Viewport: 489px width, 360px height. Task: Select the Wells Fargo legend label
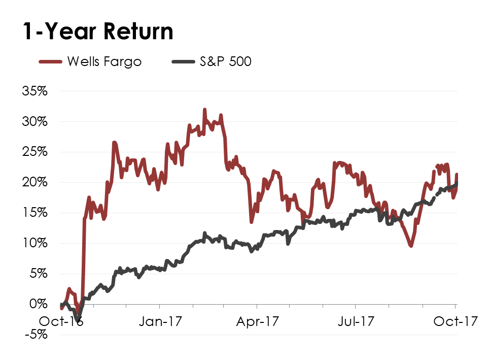point(104,62)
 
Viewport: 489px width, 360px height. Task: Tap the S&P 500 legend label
point(225,62)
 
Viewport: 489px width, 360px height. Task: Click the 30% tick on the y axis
point(34,122)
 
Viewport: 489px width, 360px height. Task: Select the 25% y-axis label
point(34,152)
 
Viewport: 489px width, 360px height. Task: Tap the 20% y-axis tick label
point(34,182)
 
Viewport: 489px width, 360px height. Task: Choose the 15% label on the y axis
point(34,213)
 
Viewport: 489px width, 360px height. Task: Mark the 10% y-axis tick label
point(34,243)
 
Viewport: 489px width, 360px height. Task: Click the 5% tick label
point(38,274)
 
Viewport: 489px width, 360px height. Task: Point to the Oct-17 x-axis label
point(456,321)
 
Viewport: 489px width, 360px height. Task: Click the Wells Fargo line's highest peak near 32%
point(204,110)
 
